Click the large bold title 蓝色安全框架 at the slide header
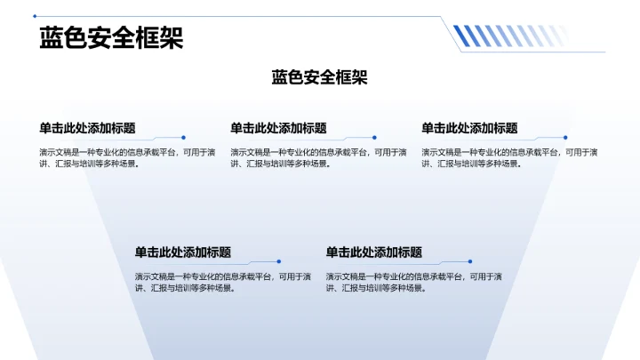point(111,38)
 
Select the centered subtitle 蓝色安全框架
point(319,77)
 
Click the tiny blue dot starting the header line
point(35,16)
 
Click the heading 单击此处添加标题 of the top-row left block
point(87,128)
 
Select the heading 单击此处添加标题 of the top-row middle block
point(278,128)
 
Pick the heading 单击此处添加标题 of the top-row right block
point(469,128)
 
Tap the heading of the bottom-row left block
point(183,252)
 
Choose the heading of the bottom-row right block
point(374,252)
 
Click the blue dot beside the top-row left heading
point(183,138)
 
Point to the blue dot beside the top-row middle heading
point(374,138)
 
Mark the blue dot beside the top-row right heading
point(565,138)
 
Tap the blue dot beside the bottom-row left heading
point(279,261)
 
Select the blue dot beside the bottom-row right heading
point(470,261)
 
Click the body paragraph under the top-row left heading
point(126,157)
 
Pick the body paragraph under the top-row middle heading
point(317,157)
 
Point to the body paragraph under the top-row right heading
point(508,157)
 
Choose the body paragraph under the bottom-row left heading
point(222,282)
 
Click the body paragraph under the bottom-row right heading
point(413,282)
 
